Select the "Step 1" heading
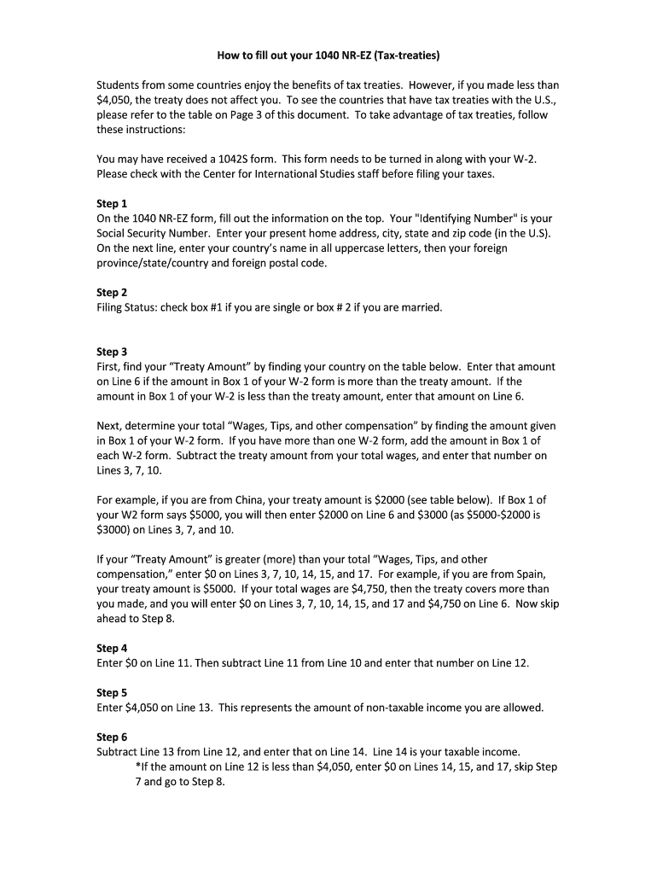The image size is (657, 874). [x=112, y=204]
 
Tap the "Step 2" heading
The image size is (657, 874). [x=112, y=293]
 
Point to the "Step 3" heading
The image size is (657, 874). [x=112, y=352]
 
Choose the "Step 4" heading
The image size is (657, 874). [x=112, y=648]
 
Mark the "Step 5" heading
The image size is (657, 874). [x=112, y=693]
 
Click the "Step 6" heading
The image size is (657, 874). [x=112, y=737]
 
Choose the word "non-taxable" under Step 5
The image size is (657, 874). [x=387, y=708]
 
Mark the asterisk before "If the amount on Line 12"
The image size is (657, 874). [x=138, y=766]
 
